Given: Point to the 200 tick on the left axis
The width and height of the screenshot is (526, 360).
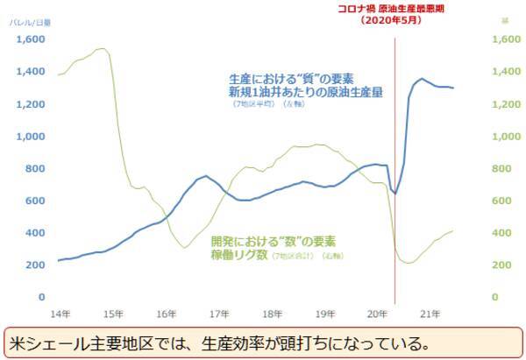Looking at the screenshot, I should point(36,265).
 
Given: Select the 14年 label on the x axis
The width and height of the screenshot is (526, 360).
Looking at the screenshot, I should point(59,313).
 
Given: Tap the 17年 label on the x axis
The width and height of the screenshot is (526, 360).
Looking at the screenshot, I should point(217,313).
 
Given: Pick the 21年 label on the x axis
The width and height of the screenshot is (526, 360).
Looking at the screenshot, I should point(427,313).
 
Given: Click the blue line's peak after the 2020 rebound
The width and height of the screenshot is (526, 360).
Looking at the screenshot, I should point(422,79).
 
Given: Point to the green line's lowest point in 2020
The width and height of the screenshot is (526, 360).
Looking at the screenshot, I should point(408,263).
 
